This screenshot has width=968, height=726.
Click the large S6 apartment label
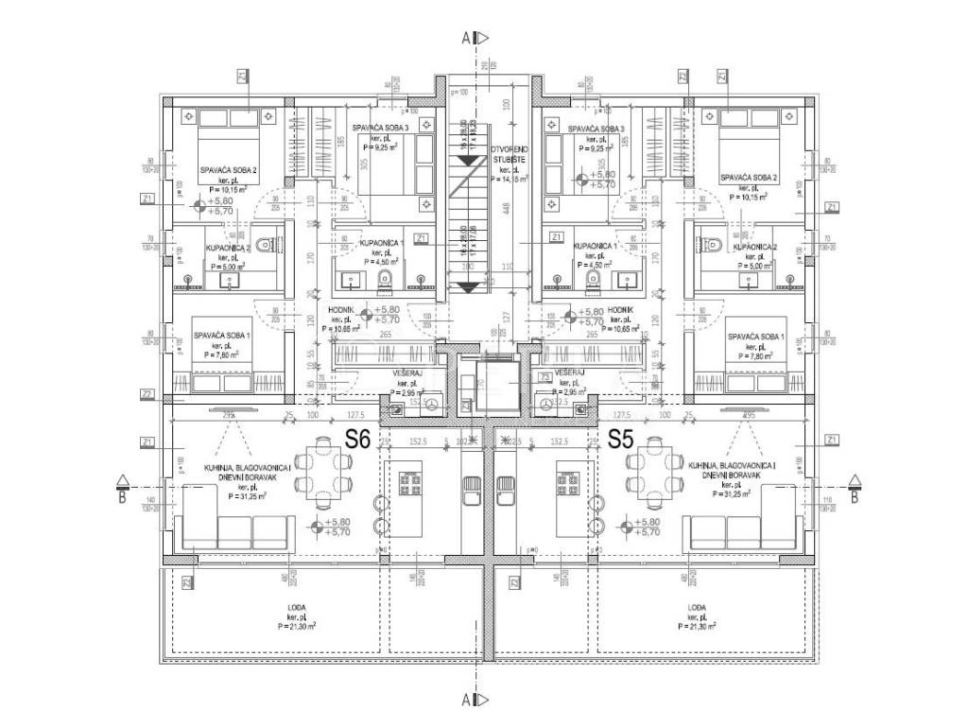(356, 439)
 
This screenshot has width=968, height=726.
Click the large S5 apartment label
(621, 439)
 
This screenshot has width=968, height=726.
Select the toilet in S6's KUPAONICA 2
(265, 247)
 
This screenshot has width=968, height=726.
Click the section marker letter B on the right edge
(855, 494)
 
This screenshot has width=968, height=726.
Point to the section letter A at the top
(467, 39)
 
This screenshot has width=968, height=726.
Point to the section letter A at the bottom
(467, 700)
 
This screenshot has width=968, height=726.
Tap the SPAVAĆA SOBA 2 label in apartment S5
(748, 178)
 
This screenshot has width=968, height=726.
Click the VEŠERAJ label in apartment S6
(406, 373)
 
